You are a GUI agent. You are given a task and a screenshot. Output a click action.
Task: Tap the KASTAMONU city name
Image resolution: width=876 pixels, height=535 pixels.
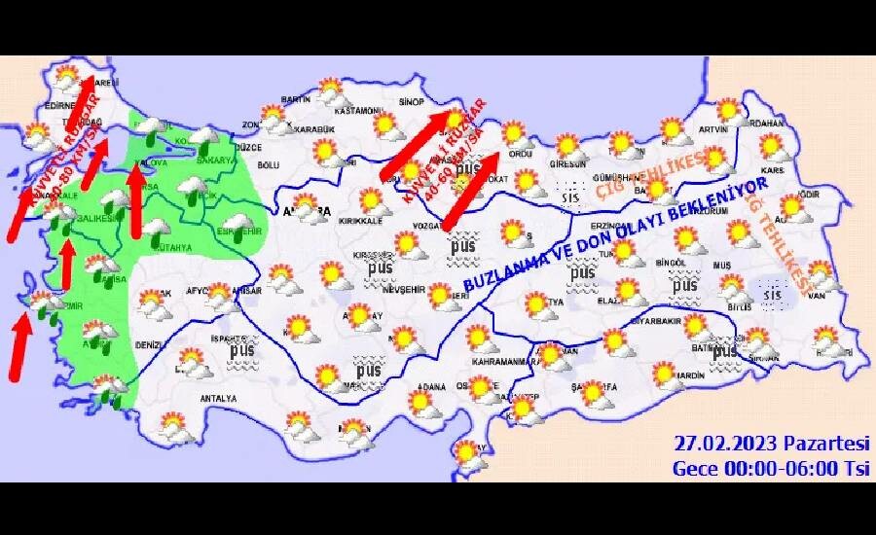[x=353, y=111]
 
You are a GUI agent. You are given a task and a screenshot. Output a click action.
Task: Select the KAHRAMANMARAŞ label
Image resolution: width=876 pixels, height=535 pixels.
[x=506, y=361]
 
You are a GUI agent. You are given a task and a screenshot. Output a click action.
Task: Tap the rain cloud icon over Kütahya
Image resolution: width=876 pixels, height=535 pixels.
[x=155, y=230]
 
